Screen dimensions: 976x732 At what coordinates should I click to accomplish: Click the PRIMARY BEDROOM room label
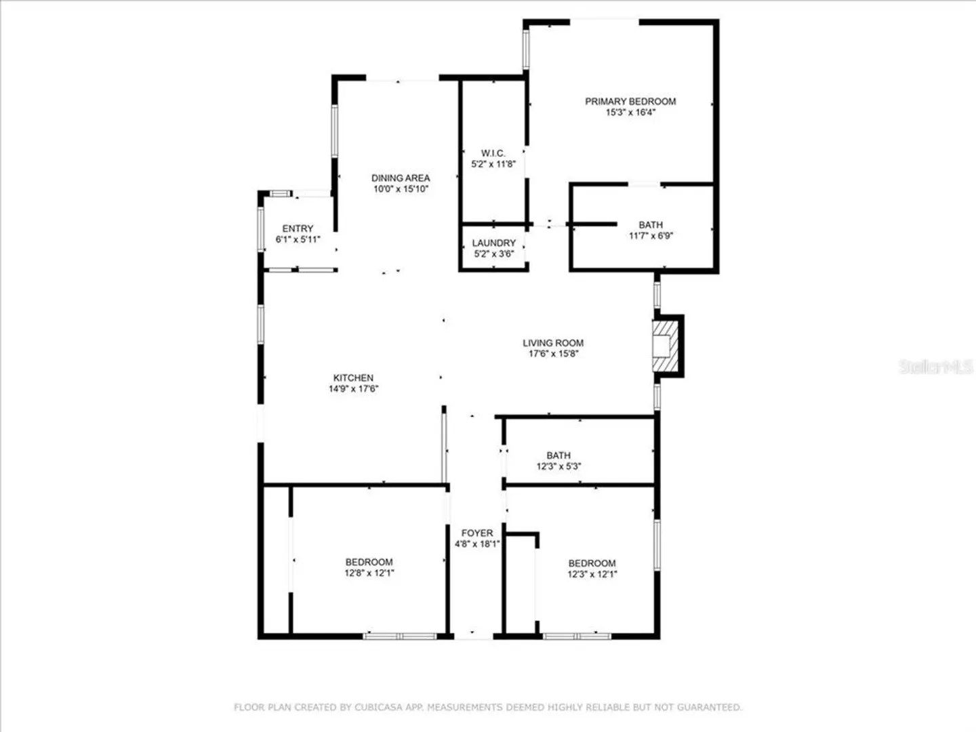tap(630, 102)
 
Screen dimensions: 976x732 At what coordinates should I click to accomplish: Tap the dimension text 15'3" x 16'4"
tap(630, 112)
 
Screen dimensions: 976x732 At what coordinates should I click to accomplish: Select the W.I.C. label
tap(493, 153)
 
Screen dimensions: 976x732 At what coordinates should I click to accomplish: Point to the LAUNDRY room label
tap(493, 243)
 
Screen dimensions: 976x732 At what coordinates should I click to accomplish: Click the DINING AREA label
tap(401, 178)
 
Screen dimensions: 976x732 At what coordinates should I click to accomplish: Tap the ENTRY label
tap(298, 228)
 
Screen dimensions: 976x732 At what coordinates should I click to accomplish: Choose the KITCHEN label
tap(353, 378)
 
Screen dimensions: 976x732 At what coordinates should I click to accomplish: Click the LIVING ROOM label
tap(553, 343)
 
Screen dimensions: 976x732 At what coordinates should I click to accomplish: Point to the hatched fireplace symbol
tap(666, 346)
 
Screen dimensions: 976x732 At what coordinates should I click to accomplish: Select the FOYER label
tap(477, 533)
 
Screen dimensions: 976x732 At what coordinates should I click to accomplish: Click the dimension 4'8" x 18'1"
tap(477, 544)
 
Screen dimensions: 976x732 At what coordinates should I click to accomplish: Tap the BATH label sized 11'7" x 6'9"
tap(651, 225)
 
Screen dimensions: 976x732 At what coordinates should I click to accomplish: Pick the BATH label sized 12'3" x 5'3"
tap(558, 455)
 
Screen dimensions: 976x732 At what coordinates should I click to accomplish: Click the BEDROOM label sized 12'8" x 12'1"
tap(369, 563)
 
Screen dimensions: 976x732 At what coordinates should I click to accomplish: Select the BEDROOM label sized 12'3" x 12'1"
tap(592, 563)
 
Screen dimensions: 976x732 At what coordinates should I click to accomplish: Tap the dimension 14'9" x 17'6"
tap(353, 389)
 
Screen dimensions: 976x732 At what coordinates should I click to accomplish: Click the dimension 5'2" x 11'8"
tap(493, 164)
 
